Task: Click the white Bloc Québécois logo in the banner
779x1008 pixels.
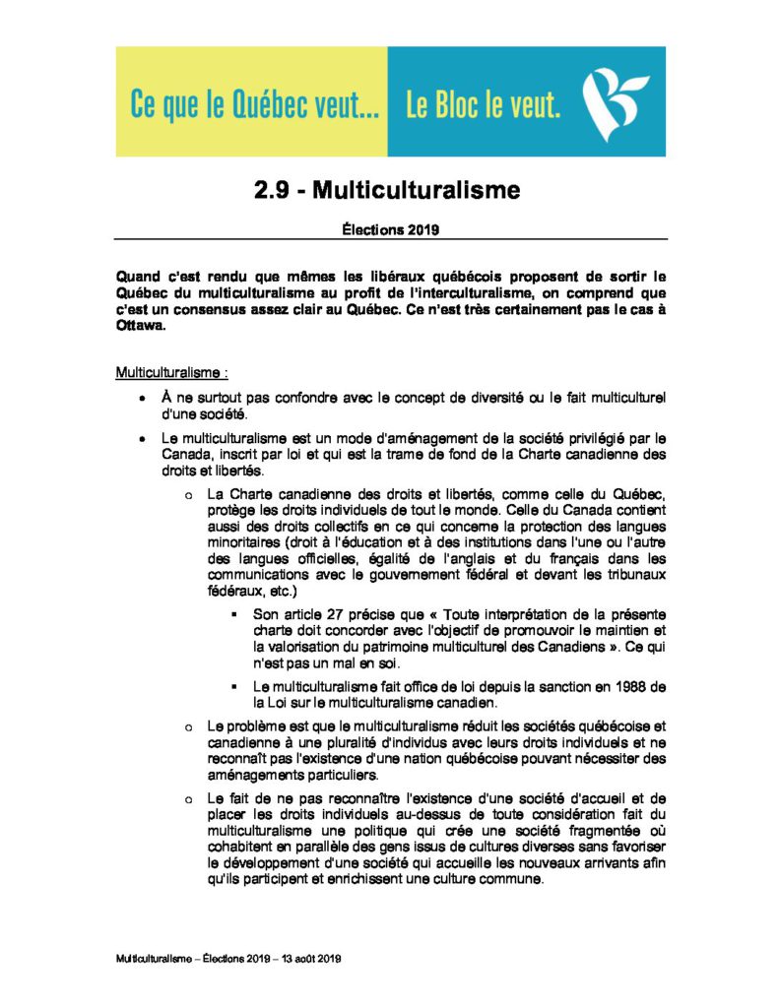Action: click(615, 100)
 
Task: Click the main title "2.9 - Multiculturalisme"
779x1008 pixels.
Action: click(386, 190)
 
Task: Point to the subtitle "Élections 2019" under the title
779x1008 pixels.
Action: click(390, 229)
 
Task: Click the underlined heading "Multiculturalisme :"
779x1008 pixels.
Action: click(171, 373)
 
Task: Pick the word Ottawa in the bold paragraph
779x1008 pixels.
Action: click(141, 325)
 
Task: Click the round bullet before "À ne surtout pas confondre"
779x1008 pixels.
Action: click(143, 399)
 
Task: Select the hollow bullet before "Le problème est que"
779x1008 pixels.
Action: click(187, 726)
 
